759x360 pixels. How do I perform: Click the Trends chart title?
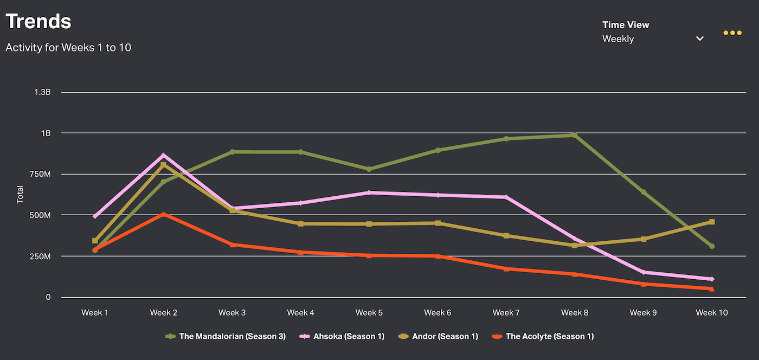(x=38, y=22)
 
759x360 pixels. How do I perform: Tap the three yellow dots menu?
(x=732, y=33)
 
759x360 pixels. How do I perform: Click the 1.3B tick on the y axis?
(x=42, y=92)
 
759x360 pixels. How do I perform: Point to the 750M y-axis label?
(x=40, y=174)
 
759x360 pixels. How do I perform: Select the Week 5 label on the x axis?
(x=369, y=313)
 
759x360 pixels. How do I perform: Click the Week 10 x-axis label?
(x=712, y=313)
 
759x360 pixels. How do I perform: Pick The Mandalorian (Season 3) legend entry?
(x=232, y=337)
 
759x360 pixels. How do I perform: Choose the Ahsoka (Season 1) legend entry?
(x=349, y=337)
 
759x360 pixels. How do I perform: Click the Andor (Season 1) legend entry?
(x=445, y=337)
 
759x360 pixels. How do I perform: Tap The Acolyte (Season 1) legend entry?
(x=550, y=337)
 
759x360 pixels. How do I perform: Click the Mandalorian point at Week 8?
(x=575, y=135)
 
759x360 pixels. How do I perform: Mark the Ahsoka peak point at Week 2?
(x=164, y=156)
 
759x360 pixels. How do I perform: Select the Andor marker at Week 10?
(x=712, y=222)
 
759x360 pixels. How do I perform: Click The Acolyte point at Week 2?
(x=164, y=215)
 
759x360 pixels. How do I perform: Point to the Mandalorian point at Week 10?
(x=712, y=246)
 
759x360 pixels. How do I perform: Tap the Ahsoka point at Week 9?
(x=644, y=272)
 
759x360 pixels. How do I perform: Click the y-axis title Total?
(x=20, y=195)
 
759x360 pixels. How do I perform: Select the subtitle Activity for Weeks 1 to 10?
(x=68, y=48)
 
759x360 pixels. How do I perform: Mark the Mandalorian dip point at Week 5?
(x=369, y=169)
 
